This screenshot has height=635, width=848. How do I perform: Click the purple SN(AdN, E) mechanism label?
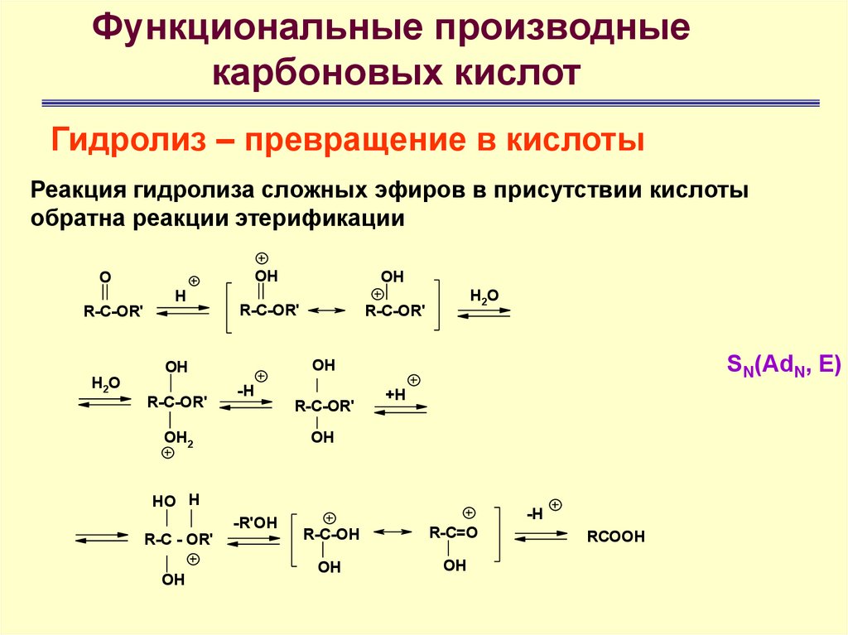pyautogui.click(x=783, y=365)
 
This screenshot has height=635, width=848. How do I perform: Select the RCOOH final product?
pyautogui.click(x=615, y=536)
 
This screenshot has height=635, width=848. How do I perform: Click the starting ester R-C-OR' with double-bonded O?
pyautogui.click(x=113, y=311)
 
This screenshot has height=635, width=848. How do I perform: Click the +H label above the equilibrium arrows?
pyautogui.click(x=395, y=394)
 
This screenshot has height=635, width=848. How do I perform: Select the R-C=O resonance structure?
pyautogui.click(x=453, y=532)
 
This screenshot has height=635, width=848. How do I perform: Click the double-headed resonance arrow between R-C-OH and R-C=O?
pyautogui.click(x=393, y=530)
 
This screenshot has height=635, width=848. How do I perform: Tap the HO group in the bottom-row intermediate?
pyautogui.click(x=163, y=501)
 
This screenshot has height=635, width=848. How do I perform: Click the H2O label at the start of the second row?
pyautogui.click(x=105, y=382)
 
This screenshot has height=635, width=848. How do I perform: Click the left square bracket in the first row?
pyautogui.click(x=228, y=307)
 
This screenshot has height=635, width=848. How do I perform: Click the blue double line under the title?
pyautogui.click(x=430, y=103)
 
